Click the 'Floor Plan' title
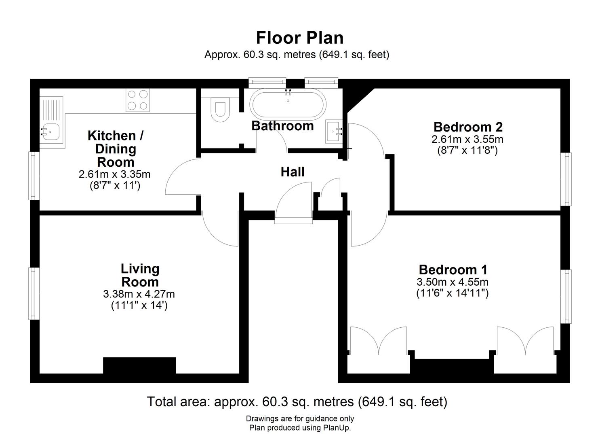pyautogui.click(x=299, y=38)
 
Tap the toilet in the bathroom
pyautogui.click(x=220, y=110)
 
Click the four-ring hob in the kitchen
pyautogui.click(x=138, y=100)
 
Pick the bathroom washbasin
pyautogui.click(x=334, y=132)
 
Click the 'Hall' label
pyautogui.click(x=293, y=172)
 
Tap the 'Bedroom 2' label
pyautogui.click(x=468, y=127)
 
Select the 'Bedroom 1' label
pyautogui.click(x=453, y=269)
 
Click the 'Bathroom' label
pyautogui.click(x=282, y=126)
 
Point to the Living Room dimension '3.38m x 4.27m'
pyautogui.click(x=139, y=294)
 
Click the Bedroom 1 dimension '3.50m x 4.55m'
pyautogui.click(x=453, y=282)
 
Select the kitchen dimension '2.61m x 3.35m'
pyautogui.click(x=115, y=174)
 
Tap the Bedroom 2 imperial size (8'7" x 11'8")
pyautogui.click(x=467, y=151)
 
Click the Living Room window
pyautogui.click(x=34, y=294)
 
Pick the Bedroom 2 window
pyautogui.click(x=566, y=179)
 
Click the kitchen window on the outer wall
pyautogui.click(x=34, y=176)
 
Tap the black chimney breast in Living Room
pyautogui.click(x=139, y=365)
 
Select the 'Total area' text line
pyautogui.click(x=297, y=402)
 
